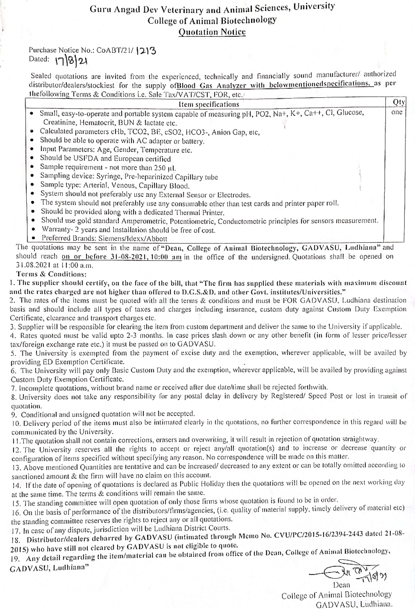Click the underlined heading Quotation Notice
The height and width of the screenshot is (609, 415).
pyautogui.click(x=212, y=32)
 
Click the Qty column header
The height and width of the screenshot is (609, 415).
pyautogui.click(x=399, y=102)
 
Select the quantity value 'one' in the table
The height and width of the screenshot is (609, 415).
pyautogui.click(x=397, y=112)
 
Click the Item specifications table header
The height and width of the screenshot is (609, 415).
pyautogui.click(x=209, y=104)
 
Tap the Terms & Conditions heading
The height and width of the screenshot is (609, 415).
pyautogui.click(x=51, y=274)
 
